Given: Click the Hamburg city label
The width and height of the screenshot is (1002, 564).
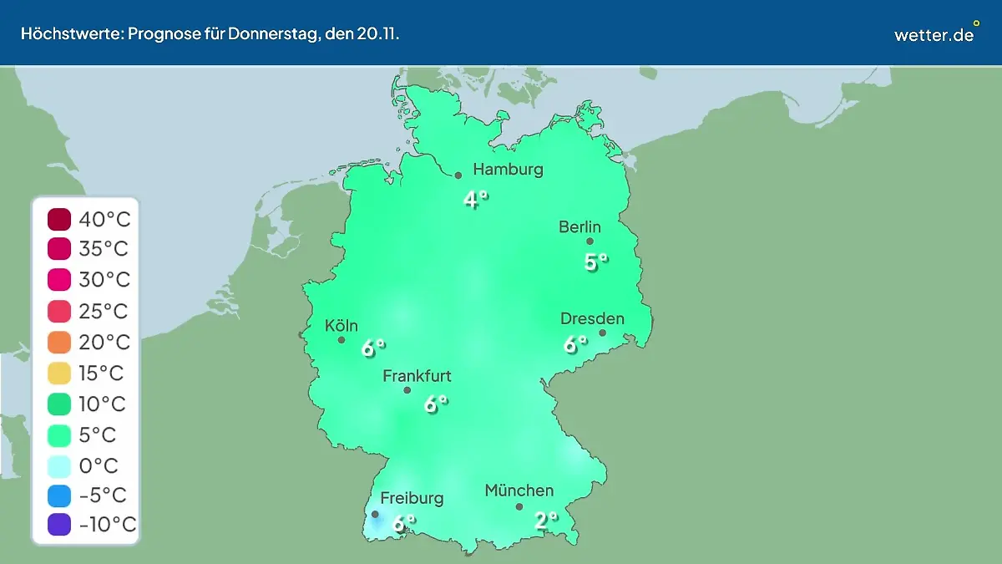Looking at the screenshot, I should coord(508,170).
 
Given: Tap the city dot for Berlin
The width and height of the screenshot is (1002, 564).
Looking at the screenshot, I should coord(590,241).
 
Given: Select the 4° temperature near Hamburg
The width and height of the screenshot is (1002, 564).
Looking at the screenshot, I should coord(475,200).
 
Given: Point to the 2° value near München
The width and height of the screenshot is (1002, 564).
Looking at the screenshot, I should coord(545,521).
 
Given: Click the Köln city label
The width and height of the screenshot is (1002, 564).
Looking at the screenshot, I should coord(342,326).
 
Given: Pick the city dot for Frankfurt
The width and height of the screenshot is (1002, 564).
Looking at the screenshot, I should coord(407,390).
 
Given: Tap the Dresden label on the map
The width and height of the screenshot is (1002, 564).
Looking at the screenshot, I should coord(592,319).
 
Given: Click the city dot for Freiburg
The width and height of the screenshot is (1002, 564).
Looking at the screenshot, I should coord(375,514).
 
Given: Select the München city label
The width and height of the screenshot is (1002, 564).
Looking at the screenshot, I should coord(519,490).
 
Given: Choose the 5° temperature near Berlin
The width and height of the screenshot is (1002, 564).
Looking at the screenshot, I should coord(595,262).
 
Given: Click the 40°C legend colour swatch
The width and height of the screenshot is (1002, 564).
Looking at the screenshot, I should coord(59,220).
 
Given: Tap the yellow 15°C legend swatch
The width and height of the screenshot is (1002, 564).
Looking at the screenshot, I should coord(59,373).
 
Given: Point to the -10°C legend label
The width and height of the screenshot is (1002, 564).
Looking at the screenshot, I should coord(107,526).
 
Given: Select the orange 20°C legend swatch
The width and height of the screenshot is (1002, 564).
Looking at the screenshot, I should coord(59,343).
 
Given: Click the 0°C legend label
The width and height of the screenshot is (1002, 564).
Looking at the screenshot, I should coord(99,465).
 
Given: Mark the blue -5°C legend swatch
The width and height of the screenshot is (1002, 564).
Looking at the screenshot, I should coord(59,495).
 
